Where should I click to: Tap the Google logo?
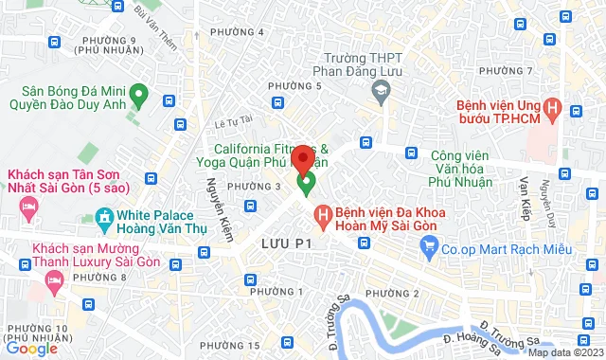(31, 348)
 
